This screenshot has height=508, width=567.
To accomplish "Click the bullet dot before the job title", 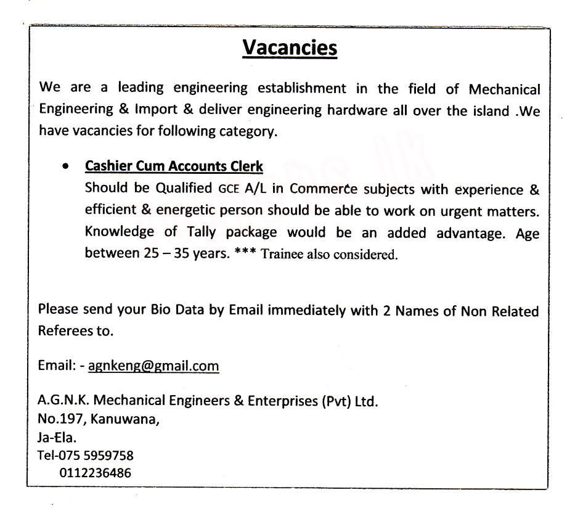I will tap(65, 167).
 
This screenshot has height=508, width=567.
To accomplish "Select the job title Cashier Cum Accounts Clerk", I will tap(174, 166).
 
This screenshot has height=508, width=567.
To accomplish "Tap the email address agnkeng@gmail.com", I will tap(153, 367).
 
